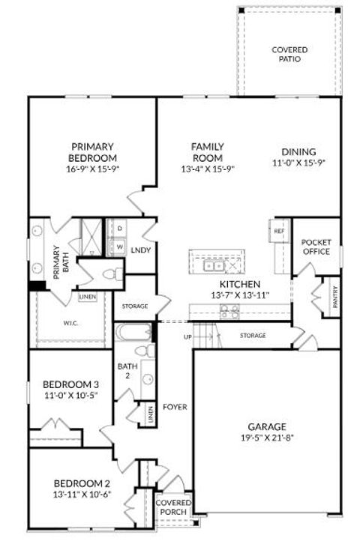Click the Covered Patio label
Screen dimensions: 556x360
pos(289,54)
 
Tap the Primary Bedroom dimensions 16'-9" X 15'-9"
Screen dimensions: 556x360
pos(92,169)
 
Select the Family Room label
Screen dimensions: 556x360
pos(206,152)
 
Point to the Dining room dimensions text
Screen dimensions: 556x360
pos(298,162)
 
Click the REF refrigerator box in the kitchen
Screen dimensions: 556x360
pos(279,232)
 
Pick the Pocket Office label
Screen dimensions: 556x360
pos(316,247)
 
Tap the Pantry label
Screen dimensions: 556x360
pos(334,297)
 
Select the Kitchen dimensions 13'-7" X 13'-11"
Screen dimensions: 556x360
pos(240,296)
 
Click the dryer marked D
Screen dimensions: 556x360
pos(119,228)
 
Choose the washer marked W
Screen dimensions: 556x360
pos(119,245)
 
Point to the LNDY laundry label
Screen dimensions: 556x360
pos(140,250)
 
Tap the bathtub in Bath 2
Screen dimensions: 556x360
pos(134,331)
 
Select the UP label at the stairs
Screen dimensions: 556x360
pos(187,336)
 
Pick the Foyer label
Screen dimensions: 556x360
pos(177,407)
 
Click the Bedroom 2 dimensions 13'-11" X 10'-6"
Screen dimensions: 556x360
pos(82,495)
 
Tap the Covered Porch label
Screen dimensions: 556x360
pos(173,507)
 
